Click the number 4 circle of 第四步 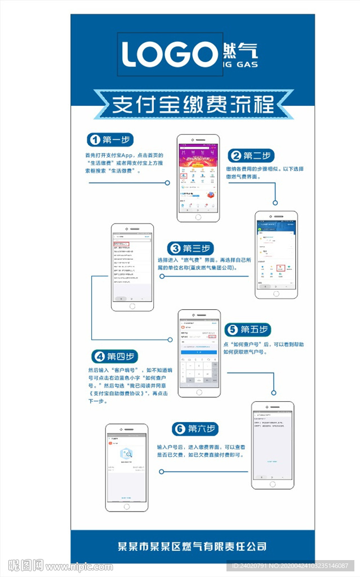(x=99, y=356)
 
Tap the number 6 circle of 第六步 (x=179, y=429)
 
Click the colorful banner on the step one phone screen (x=198, y=161)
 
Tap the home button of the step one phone (x=198, y=216)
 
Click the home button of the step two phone (x=275, y=293)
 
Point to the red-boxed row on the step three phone (x=121, y=244)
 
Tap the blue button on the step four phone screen (x=198, y=350)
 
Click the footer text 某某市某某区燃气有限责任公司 (x=192, y=546)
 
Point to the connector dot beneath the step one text (x=167, y=183)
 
